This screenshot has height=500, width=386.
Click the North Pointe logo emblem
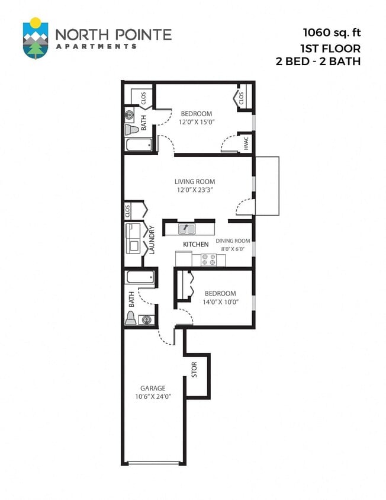tap(36, 38)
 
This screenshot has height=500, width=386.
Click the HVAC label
tap(246, 143)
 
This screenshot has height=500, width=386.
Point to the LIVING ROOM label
tap(194, 182)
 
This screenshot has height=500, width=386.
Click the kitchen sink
tap(185, 228)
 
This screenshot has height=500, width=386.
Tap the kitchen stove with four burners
tap(209, 259)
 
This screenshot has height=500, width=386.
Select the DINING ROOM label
tap(233, 241)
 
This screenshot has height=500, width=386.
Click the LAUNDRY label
tap(152, 239)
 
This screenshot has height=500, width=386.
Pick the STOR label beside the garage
tap(194, 370)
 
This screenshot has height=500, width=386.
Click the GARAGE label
tap(153, 389)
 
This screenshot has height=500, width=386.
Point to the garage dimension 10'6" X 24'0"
tap(153, 397)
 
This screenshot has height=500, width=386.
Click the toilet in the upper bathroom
tap(131, 129)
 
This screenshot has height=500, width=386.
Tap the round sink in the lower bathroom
tap(145, 320)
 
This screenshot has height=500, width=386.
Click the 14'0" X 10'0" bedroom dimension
tap(220, 302)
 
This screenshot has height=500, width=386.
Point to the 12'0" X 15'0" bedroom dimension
tap(196, 121)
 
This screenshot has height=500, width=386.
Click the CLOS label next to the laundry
tap(127, 210)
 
